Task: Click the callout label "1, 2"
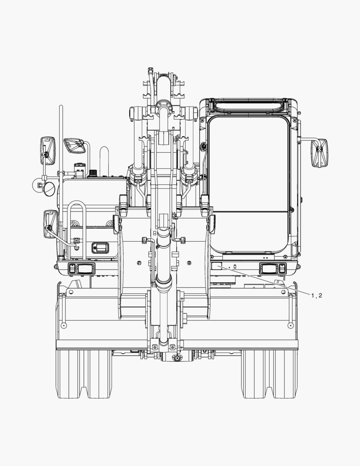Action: [x=316, y=296]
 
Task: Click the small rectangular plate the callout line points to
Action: [x=216, y=266]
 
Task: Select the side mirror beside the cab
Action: [x=319, y=153]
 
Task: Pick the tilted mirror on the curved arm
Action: [x=75, y=145]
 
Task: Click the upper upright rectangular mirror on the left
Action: [x=47, y=151]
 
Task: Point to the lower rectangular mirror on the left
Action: [x=50, y=224]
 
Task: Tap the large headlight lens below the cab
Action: [x=269, y=269]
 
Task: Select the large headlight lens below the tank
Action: [x=85, y=269]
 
